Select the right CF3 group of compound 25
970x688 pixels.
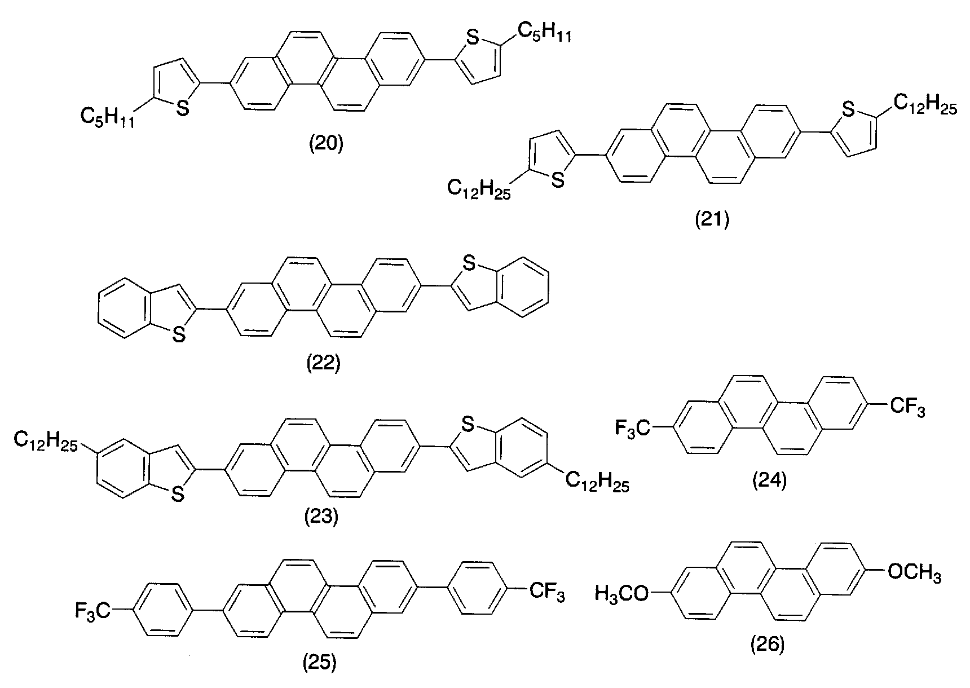tap(546, 592)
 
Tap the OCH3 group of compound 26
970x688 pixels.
tap(914, 573)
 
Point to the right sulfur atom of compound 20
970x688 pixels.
tap(474, 38)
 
